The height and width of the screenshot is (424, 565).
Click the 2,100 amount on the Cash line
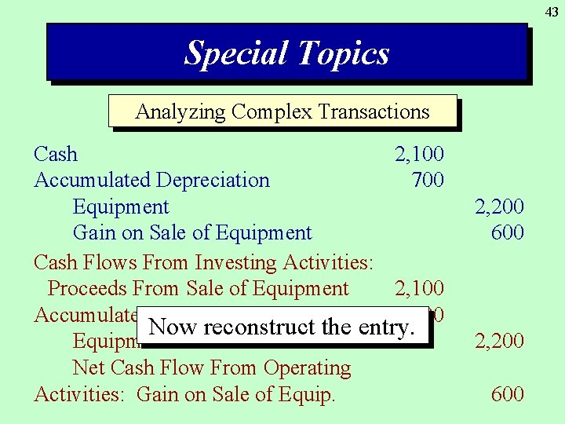[419, 154]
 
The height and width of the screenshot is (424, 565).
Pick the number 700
[428, 180]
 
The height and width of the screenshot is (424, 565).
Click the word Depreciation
[213, 180]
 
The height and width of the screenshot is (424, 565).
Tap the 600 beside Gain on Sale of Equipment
[508, 232]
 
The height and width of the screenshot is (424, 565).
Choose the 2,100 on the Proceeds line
[419, 289]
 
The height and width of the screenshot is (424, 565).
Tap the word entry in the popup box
[383, 327]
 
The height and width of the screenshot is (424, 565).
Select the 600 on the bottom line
[508, 393]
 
